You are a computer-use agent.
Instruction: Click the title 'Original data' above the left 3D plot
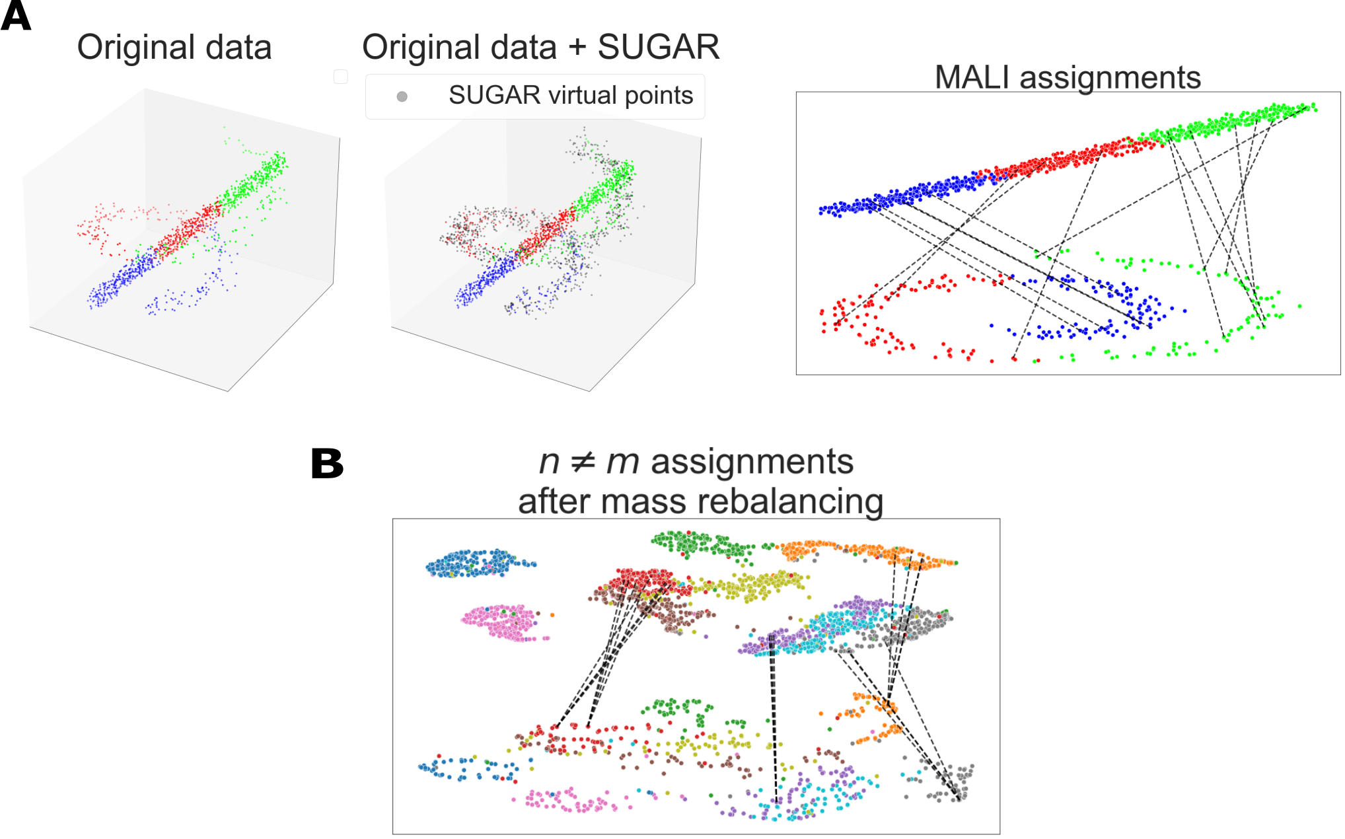(174, 48)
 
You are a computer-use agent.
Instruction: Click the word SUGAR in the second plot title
(658, 48)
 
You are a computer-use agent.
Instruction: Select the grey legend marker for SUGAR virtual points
(402, 97)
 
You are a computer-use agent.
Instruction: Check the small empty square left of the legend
(341, 77)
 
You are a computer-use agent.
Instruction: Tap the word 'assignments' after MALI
(1110, 78)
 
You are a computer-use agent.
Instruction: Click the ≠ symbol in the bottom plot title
(583, 462)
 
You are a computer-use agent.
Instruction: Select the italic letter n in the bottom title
(550, 462)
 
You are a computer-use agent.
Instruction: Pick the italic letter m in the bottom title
(622, 462)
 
